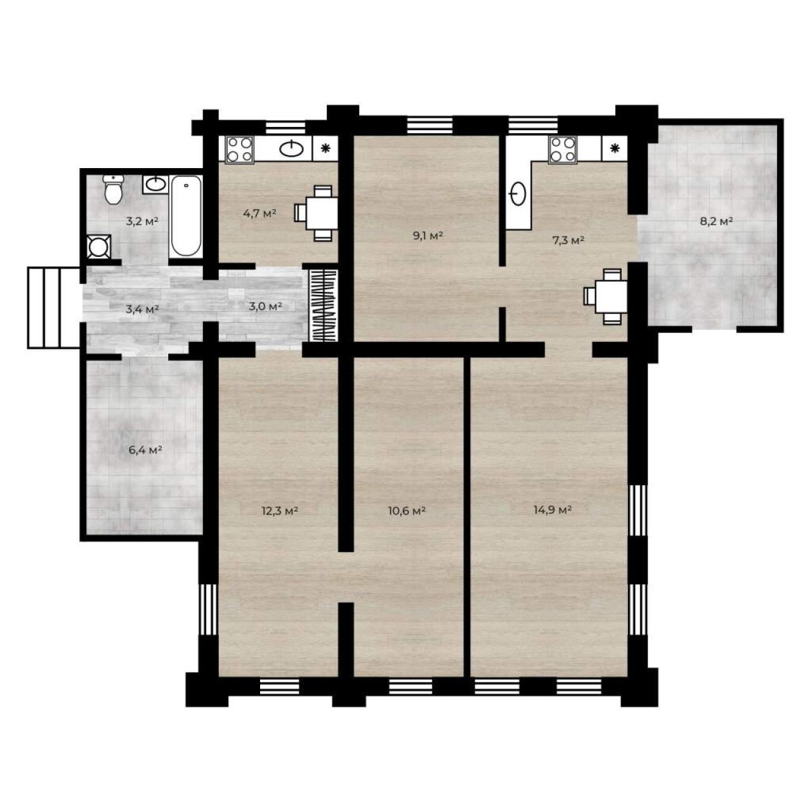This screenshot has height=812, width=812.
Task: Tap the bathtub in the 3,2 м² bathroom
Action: (186, 216)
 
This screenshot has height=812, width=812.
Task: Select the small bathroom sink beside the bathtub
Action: (155, 184)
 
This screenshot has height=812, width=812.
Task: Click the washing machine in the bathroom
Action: (98, 247)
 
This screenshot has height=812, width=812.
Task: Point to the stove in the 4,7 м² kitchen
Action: (239, 149)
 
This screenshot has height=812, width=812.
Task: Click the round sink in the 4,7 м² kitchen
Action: (291, 148)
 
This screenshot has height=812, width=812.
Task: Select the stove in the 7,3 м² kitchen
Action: (563, 149)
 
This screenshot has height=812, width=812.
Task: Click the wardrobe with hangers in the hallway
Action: (324, 305)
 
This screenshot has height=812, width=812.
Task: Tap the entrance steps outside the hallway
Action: (54, 308)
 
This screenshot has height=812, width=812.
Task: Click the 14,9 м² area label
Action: (553, 510)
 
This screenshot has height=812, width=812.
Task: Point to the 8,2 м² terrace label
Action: (716, 221)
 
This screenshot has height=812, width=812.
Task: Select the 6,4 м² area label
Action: (145, 450)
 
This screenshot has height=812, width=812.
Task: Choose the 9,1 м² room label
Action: (428, 235)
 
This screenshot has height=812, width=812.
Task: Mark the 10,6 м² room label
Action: (406, 511)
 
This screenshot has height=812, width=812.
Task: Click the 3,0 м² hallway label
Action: (265, 306)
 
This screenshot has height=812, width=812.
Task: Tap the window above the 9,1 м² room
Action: (430, 125)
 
